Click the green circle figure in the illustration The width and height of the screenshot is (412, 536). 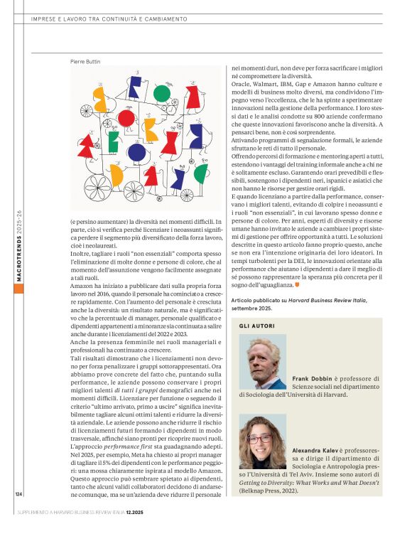point(162,93)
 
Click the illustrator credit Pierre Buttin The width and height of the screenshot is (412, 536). point(85,61)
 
